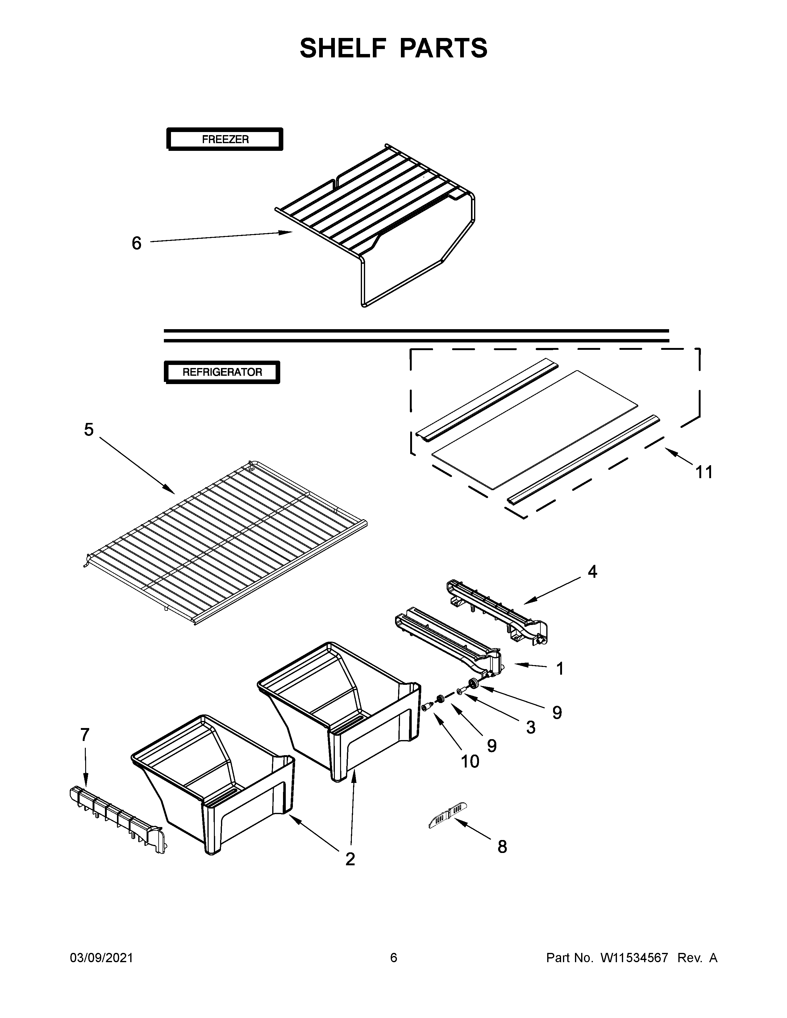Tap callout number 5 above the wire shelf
(x=89, y=429)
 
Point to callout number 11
(x=704, y=472)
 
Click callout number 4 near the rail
(x=592, y=571)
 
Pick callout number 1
(x=560, y=668)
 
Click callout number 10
(x=470, y=761)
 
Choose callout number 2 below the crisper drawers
(x=350, y=859)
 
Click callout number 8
(x=502, y=846)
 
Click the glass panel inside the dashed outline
(x=534, y=429)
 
